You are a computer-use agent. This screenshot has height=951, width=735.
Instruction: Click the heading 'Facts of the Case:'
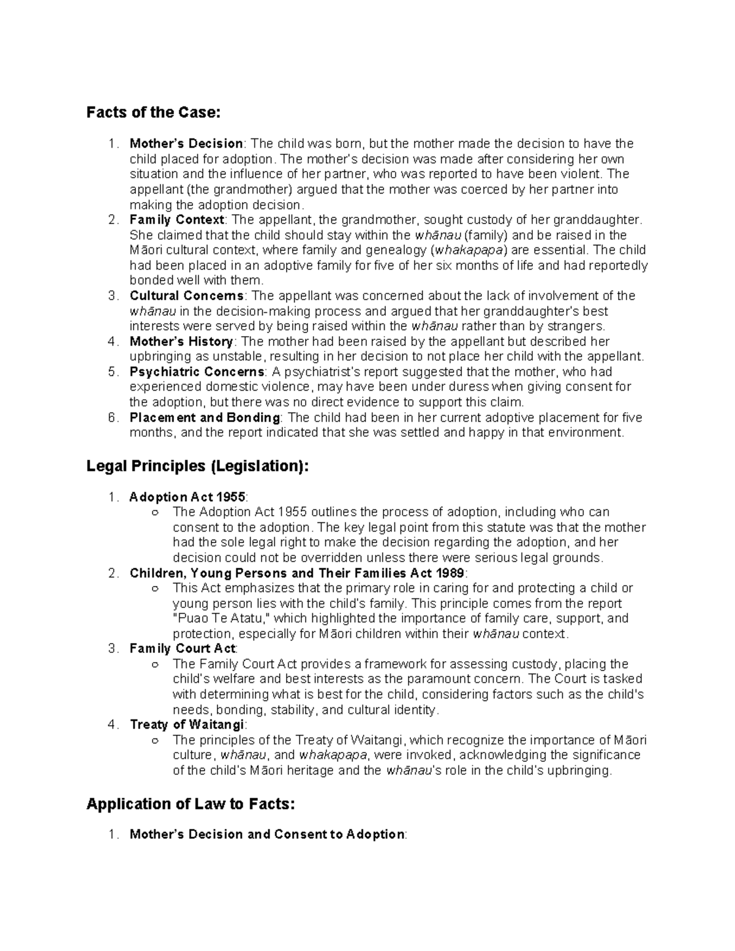point(153,113)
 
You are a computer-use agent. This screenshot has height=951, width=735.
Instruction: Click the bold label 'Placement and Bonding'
point(205,418)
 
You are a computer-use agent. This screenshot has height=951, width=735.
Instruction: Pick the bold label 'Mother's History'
point(181,342)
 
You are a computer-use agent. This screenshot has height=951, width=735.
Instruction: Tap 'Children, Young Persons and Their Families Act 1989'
point(297,573)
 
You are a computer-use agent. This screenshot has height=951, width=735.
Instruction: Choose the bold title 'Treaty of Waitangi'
point(187,725)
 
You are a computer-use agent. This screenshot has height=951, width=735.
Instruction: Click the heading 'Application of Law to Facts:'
point(190,804)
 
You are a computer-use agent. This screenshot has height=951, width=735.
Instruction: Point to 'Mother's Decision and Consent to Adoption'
point(266,835)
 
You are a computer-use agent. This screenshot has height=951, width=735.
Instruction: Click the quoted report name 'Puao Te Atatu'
point(221,618)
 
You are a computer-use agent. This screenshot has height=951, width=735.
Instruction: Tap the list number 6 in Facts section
point(111,418)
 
